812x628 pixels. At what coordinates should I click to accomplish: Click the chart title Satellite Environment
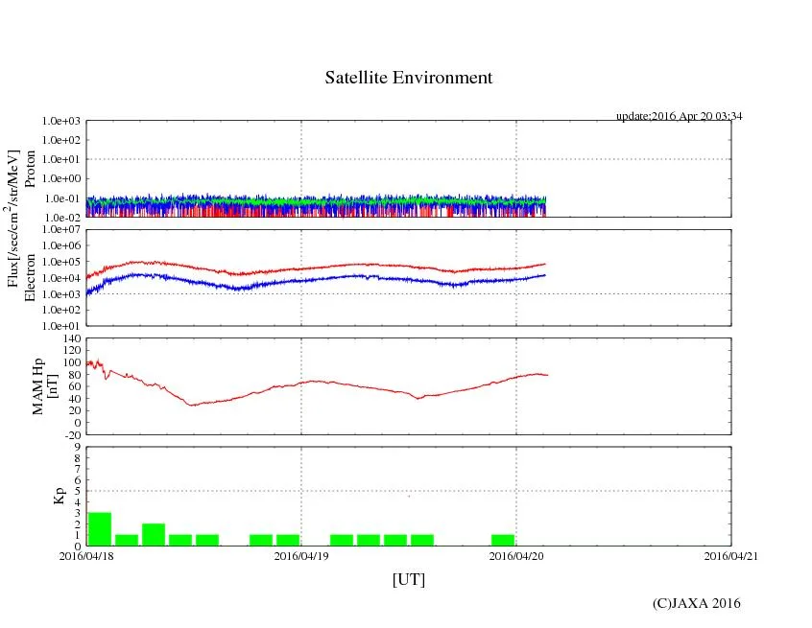[x=408, y=78]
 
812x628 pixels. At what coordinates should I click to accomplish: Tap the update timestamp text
[x=680, y=116]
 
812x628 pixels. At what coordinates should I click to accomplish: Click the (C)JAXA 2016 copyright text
[x=696, y=603]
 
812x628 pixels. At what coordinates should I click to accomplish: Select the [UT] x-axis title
[x=408, y=579]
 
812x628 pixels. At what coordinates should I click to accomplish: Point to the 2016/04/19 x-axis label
[x=301, y=555]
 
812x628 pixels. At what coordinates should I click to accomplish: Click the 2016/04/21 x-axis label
[x=731, y=555]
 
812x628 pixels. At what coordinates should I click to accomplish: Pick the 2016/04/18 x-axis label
[x=86, y=555]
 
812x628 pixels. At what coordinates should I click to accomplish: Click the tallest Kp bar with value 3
[x=100, y=529]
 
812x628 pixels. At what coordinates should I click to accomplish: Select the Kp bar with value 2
[x=154, y=535]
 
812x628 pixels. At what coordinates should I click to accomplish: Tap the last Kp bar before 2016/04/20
[x=503, y=540]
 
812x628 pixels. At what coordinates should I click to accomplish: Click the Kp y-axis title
[x=59, y=496]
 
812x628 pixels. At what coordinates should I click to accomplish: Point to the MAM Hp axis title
[x=46, y=381]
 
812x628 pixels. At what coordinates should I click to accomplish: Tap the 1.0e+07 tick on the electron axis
[x=64, y=230]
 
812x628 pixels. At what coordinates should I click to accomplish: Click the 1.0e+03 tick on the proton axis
[x=64, y=122]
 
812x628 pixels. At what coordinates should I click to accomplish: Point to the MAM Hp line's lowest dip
[x=192, y=405]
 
